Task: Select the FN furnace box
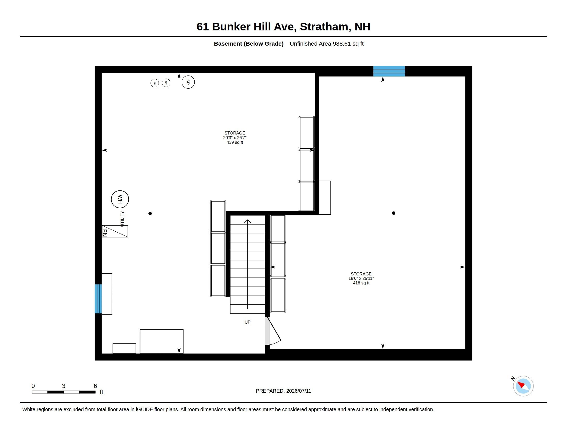coord(115,231)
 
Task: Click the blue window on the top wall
coord(389,71)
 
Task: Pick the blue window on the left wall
coord(98,299)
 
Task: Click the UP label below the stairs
coord(247,322)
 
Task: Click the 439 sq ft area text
coord(235,142)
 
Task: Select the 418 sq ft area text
coord(361,283)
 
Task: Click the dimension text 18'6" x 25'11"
coord(361,278)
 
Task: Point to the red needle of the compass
coord(521,384)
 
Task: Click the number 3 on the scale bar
coord(64,386)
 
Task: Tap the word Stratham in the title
coord(324,27)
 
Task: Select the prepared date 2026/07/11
coord(298,391)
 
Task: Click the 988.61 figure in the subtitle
coord(342,44)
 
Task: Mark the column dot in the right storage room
coord(394,213)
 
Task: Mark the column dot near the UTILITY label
coord(150,214)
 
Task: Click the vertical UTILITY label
coord(122,219)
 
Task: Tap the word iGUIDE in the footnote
coord(144,409)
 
